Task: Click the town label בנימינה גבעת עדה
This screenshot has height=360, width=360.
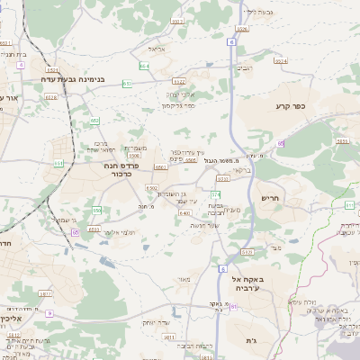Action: [74, 79]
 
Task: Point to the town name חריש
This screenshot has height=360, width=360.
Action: [270, 198]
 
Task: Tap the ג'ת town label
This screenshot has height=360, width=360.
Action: [251, 341]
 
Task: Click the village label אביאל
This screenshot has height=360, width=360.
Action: [156, 49]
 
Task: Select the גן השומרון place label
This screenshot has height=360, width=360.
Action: [172, 193]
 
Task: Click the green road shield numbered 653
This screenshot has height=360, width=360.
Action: [94, 120]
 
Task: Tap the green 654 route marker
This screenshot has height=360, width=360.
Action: [144, 66]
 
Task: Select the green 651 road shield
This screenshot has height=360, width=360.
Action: [59, 163]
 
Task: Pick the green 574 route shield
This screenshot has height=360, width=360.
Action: [215, 193]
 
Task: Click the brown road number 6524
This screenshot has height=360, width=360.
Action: [280, 60]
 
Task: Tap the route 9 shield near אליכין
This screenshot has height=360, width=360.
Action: [49, 313]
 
